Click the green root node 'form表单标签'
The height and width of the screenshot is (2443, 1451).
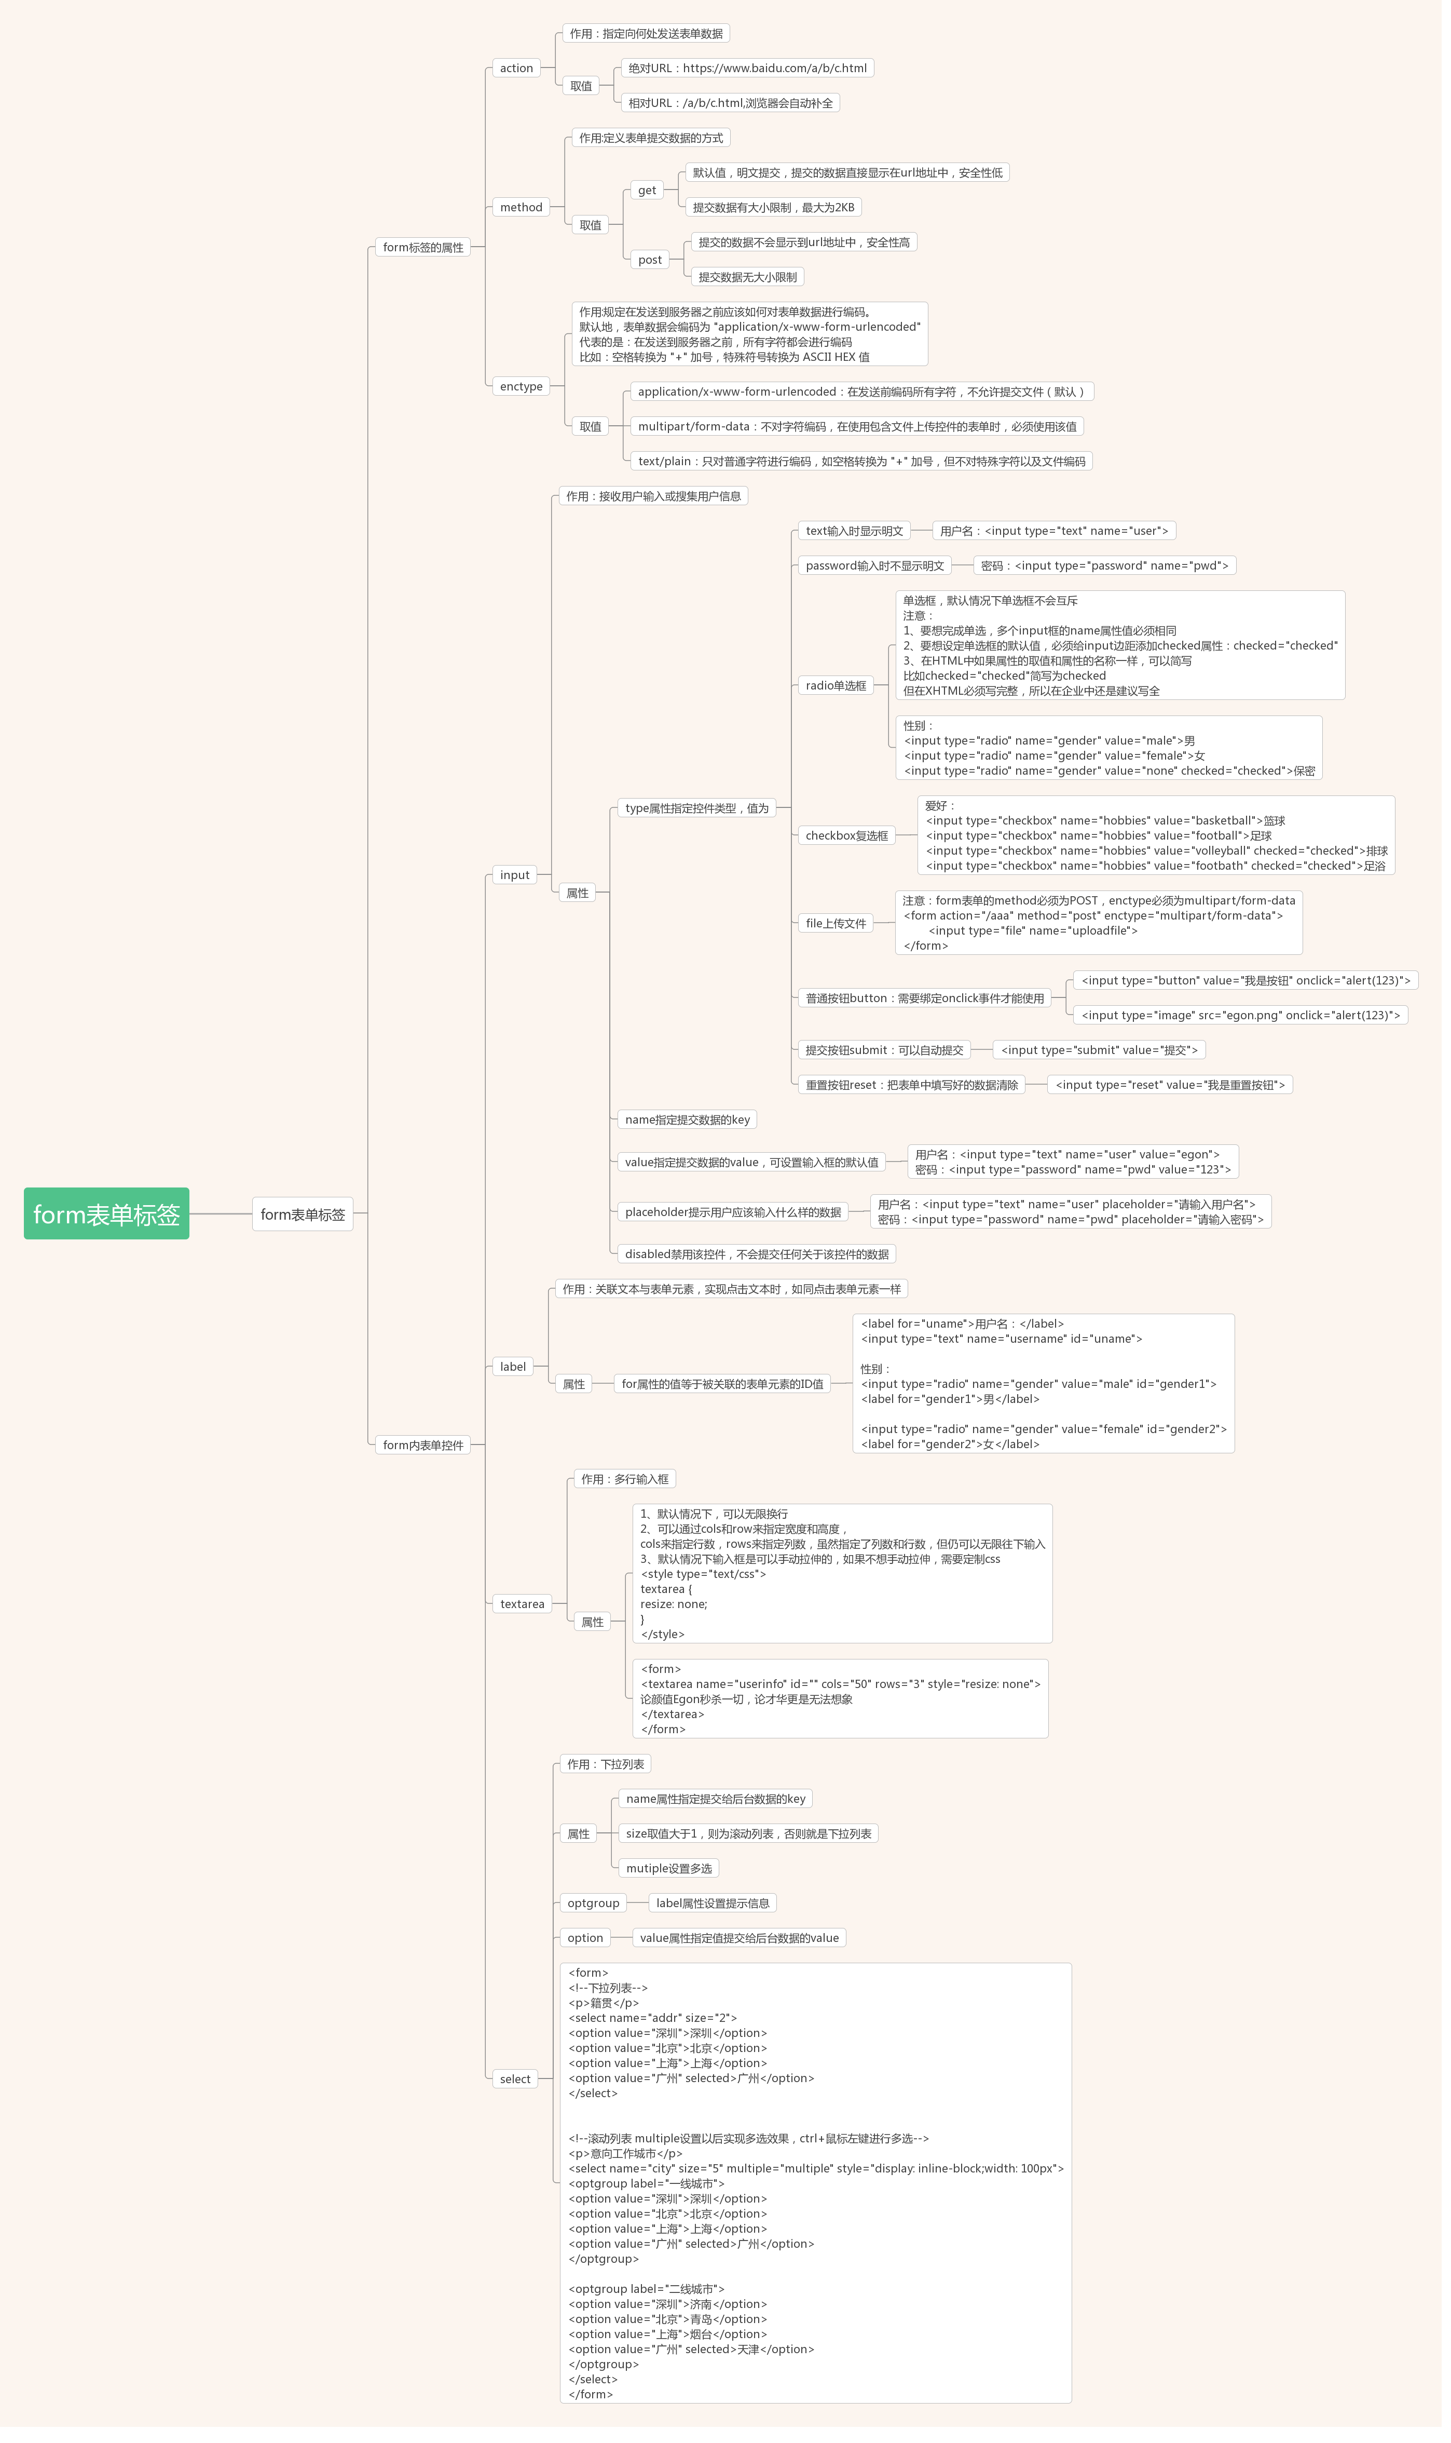coord(106,1213)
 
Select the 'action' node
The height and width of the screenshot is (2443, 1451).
coord(516,69)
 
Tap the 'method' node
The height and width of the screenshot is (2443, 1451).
coord(521,207)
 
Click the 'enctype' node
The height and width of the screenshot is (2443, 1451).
coord(521,386)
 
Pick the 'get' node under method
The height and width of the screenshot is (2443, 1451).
coord(647,191)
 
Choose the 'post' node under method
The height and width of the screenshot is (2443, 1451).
coord(650,260)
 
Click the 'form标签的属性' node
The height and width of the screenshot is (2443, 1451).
coord(423,248)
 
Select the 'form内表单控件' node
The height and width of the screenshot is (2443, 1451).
coord(423,1445)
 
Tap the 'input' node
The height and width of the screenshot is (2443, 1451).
coord(515,875)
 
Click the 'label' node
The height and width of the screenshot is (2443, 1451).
coord(513,1366)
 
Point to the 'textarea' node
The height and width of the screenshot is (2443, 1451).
coord(522,1604)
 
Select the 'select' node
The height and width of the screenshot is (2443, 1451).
coord(515,2079)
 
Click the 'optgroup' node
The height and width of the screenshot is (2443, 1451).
coord(594,1903)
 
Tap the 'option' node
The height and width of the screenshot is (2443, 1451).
coord(586,1938)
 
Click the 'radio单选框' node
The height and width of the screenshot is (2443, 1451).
coord(836,685)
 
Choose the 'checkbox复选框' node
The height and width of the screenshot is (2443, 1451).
coord(847,836)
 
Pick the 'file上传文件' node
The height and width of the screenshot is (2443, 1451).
coord(836,923)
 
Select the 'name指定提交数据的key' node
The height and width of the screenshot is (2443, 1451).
coord(688,1120)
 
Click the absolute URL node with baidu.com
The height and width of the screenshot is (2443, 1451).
coord(748,69)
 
